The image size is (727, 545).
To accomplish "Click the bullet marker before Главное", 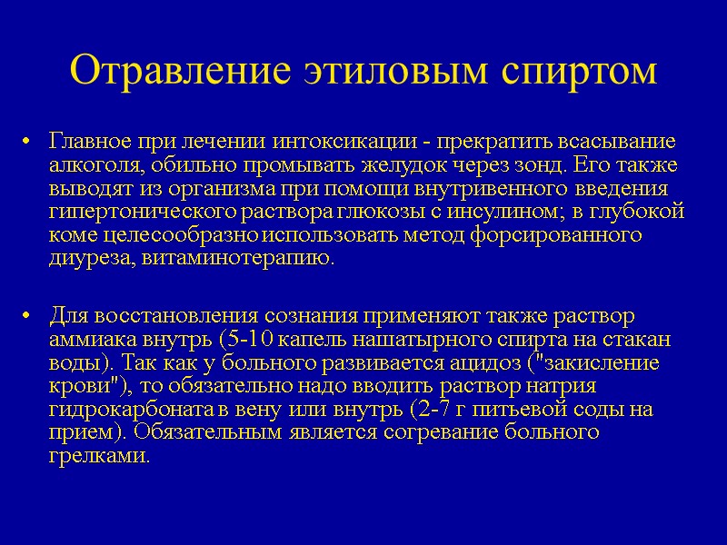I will point(30,143).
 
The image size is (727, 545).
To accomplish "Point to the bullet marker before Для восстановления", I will point(30,317).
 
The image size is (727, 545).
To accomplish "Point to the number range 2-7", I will point(443,409).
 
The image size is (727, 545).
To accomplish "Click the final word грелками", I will point(96,454).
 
